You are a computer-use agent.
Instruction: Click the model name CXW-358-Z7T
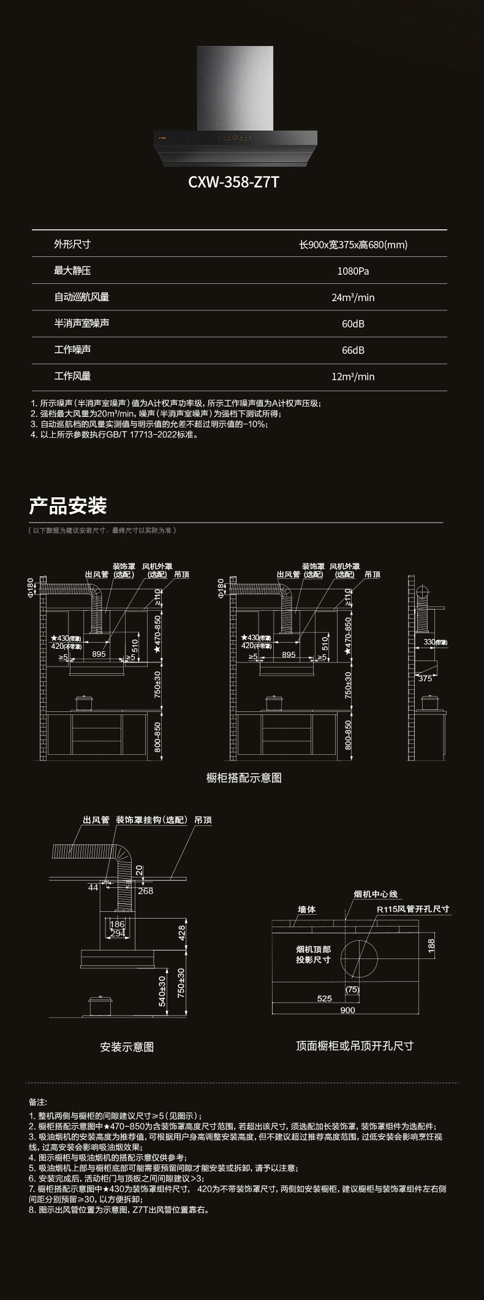coord(233,182)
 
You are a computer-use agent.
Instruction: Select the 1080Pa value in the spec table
coord(353,271)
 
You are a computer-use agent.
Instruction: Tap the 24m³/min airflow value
coord(353,297)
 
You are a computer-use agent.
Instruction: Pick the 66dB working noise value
coord(353,350)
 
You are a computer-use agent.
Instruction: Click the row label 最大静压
coord(72,270)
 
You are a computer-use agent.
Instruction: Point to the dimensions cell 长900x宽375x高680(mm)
coord(353,245)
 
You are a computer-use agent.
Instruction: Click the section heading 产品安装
coord(68,506)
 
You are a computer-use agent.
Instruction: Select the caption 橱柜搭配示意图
coord(244,778)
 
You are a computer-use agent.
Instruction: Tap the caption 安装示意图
coord(127,1047)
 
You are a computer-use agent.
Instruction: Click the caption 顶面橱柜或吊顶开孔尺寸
coord(355,1046)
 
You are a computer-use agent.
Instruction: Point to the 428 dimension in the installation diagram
coord(181,933)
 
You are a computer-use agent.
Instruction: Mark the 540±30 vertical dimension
coord(162,991)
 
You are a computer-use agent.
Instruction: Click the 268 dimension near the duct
coord(145,891)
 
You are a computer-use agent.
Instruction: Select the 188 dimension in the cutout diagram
coord(431,945)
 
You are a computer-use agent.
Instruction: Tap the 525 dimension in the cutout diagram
coord(324,998)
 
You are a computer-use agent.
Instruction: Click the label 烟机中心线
coord(376,894)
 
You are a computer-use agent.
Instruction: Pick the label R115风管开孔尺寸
coord(413,909)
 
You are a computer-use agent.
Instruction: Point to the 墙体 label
coord(306,909)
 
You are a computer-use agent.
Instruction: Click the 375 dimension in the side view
coord(425,678)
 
